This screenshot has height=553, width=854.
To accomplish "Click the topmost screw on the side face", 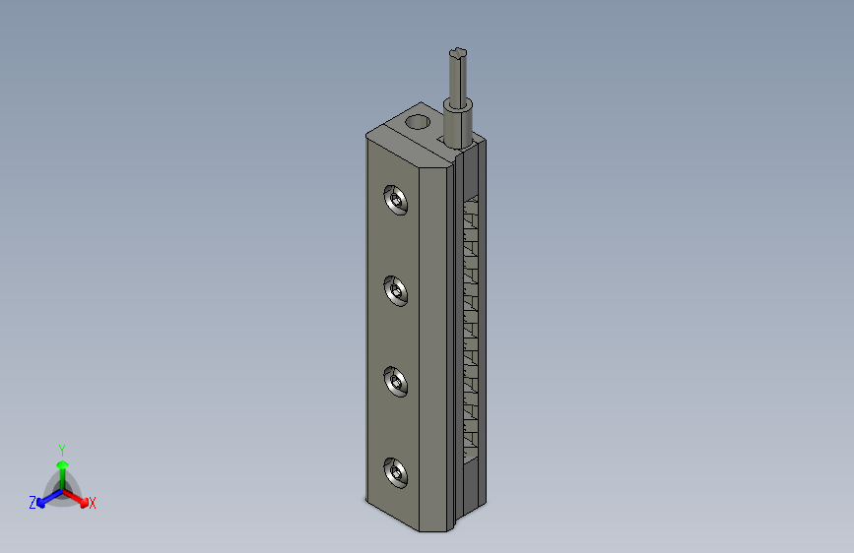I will point(397,202).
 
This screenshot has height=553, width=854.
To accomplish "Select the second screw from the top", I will point(397,291).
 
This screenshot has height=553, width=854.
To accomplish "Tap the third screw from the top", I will point(397,382).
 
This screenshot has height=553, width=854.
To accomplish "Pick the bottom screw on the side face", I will point(397,473).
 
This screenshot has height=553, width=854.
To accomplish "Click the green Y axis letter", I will point(61,449).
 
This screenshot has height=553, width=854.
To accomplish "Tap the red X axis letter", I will point(93,504).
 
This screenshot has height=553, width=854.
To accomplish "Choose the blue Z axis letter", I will point(33,503).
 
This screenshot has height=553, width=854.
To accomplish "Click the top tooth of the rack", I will point(470,207).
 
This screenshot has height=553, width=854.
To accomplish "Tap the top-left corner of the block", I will point(366,137).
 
